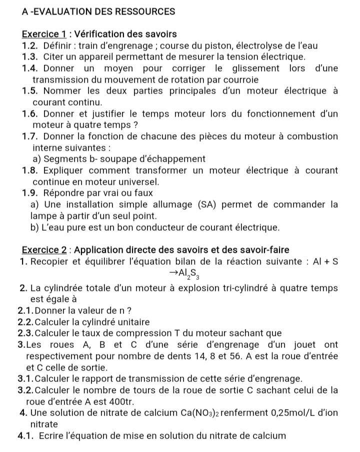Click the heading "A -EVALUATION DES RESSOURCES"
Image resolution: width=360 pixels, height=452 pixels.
(x=98, y=11)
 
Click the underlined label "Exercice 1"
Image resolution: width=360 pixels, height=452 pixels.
(x=44, y=35)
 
